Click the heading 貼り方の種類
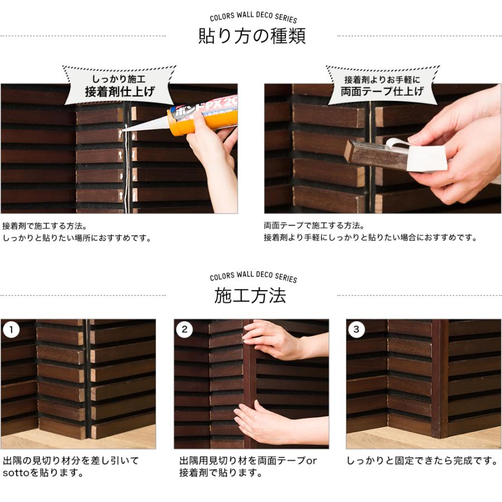point(252,36)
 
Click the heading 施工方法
point(250,295)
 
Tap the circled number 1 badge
point(11,330)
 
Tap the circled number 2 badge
point(185,330)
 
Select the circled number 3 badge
point(356,330)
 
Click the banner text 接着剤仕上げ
point(120,92)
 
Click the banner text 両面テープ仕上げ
point(382,91)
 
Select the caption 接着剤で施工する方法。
point(45,226)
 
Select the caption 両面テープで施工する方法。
point(314,226)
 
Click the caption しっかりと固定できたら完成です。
point(422,461)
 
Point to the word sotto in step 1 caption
point(16,473)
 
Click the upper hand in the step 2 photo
point(282,341)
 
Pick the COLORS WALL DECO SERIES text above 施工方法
point(253,276)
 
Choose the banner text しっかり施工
point(119,79)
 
